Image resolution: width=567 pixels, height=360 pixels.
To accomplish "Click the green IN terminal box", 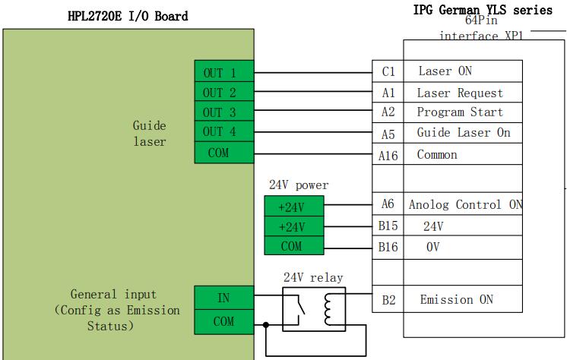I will (223, 298).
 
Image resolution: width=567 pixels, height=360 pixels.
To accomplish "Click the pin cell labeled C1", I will (388, 71).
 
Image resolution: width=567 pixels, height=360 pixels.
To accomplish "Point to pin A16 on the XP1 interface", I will (388, 155).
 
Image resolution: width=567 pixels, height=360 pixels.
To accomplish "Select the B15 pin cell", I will (388, 226).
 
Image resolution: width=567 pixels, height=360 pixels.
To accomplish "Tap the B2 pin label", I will (388, 300).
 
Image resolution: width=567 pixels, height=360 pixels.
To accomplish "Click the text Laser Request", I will (460, 93).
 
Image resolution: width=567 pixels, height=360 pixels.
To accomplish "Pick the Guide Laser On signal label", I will (464, 133).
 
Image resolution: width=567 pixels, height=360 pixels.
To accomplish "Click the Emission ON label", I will (457, 299).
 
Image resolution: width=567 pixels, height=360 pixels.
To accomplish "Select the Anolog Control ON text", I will (465, 204).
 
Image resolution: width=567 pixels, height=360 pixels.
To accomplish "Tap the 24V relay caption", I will (312, 278).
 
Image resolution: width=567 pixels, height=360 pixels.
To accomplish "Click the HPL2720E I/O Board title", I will (127, 15).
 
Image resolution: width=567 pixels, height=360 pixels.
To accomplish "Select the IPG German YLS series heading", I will (483, 9).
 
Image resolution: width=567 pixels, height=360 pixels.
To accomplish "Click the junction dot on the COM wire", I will (265, 325).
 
